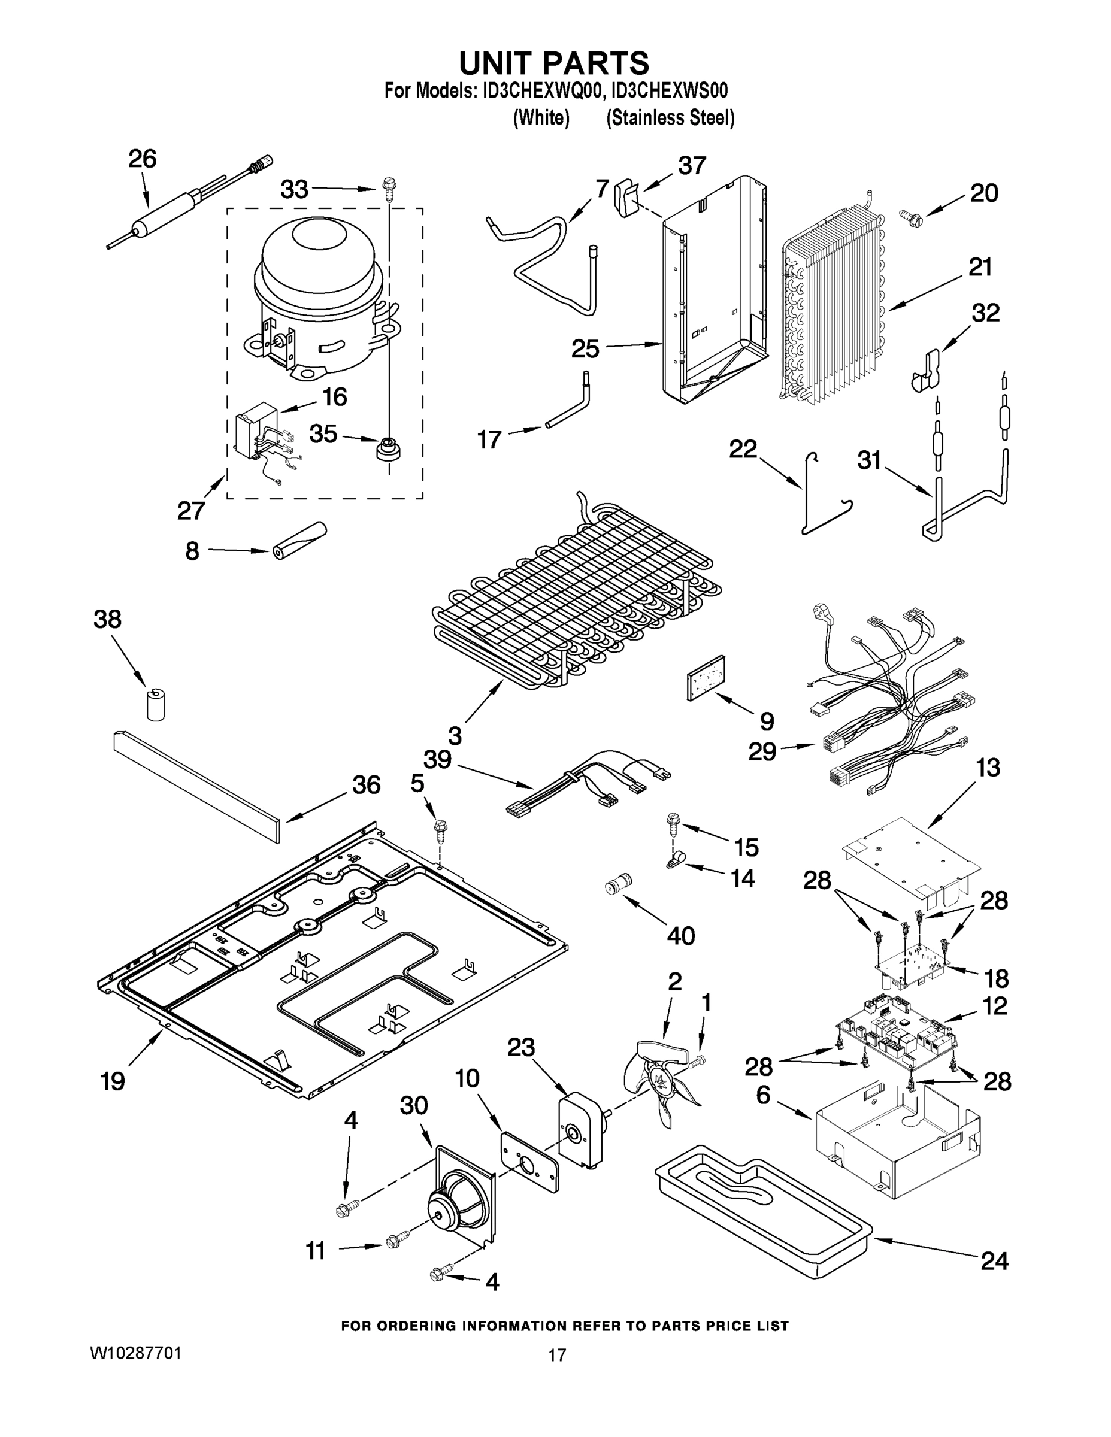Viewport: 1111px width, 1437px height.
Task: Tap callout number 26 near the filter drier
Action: point(142,160)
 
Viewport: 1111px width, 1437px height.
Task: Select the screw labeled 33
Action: point(388,187)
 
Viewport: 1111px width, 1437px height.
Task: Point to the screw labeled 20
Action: point(910,214)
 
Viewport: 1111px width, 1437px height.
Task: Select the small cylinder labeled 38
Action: point(156,705)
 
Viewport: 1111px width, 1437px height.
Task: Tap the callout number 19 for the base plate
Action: point(113,1080)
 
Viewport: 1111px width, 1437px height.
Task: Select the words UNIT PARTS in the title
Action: point(553,63)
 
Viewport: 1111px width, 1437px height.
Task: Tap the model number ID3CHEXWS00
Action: point(667,91)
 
